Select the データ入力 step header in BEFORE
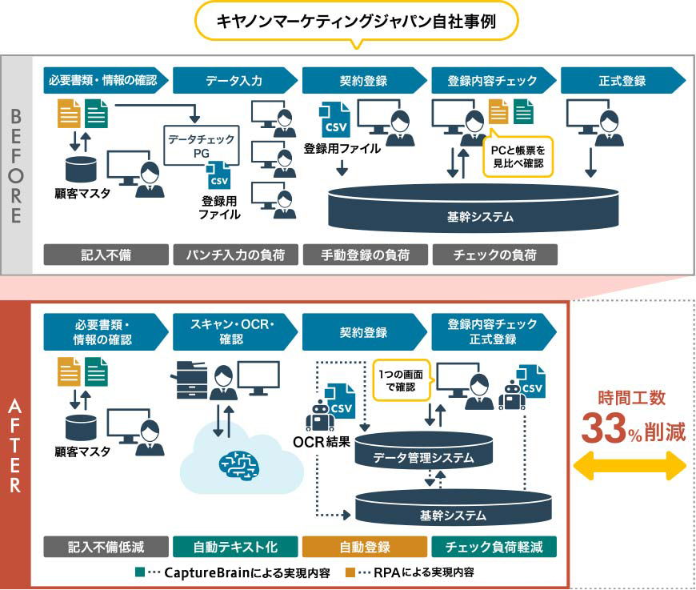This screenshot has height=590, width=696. tap(233, 80)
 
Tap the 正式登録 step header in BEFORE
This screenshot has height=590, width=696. tap(621, 80)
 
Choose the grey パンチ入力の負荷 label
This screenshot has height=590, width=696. tap(234, 255)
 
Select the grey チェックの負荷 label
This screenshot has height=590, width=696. tap(494, 255)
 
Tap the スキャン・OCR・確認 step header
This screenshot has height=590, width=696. tap(233, 331)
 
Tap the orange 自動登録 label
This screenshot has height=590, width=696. tap(365, 548)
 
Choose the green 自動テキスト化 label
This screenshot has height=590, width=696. tap(235, 548)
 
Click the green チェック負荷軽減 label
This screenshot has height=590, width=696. tap(494, 548)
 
